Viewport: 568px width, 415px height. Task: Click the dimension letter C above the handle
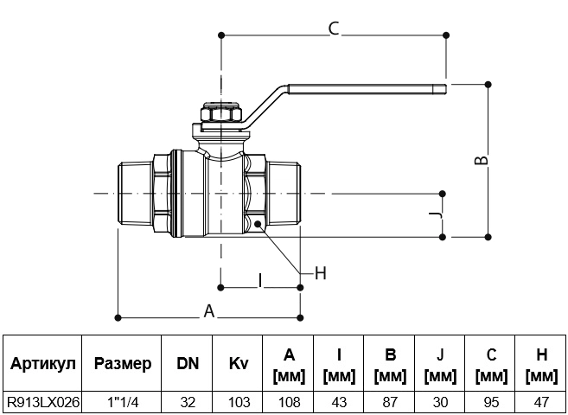click(x=334, y=29)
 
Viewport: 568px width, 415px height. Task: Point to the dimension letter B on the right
click(x=482, y=160)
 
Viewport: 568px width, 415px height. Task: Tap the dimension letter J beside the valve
click(x=436, y=215)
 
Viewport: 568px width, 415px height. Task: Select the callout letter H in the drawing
click(x=321, y=273)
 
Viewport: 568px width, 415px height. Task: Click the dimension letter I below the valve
click(x=260, y=281)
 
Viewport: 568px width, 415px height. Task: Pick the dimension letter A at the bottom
click(x=209, y=311)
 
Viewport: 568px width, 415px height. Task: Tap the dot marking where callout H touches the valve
click(x=258, y=224)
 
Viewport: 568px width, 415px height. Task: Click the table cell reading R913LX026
click(x=43, y=402)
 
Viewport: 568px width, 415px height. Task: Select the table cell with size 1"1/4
click(x=123, y=402)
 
